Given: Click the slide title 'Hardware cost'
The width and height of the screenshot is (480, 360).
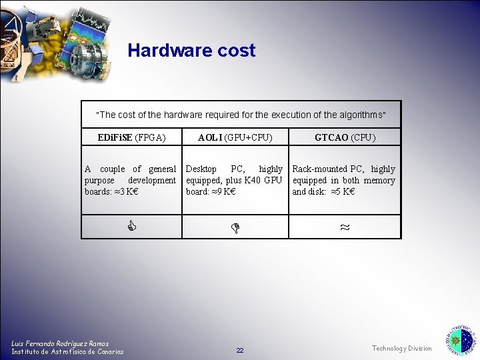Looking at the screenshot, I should [x=191, y=51].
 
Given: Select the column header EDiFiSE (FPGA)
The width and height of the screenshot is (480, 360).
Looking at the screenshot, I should [x=131, y=138].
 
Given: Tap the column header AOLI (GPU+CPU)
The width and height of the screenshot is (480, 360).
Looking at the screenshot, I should [x=235, y=138].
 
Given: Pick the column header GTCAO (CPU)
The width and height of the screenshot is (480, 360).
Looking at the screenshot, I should [x=345, y=138].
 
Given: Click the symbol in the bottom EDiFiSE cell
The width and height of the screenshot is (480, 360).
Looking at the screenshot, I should [x=132, y=227].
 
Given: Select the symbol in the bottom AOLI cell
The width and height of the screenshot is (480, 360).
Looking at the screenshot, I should [x=235, y=228].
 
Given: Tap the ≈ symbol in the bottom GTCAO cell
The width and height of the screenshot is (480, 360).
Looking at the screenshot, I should [x=345, y=227].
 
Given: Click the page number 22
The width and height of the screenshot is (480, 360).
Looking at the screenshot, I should [x=240, y=351].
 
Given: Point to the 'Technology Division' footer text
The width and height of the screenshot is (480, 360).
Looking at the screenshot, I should [x=401, y=349].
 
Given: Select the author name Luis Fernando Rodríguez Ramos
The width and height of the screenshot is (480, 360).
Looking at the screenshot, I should [x=60, y=343].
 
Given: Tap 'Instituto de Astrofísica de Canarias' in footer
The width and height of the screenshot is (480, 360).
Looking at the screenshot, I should [x=67, y=352].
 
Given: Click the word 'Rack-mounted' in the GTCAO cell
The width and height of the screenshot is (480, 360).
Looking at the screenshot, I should [x=320, y=169].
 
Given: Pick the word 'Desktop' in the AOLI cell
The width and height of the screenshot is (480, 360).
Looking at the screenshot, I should [x=201, y=169].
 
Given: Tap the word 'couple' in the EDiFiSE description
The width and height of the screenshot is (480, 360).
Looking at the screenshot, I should [x=112, y=169].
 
